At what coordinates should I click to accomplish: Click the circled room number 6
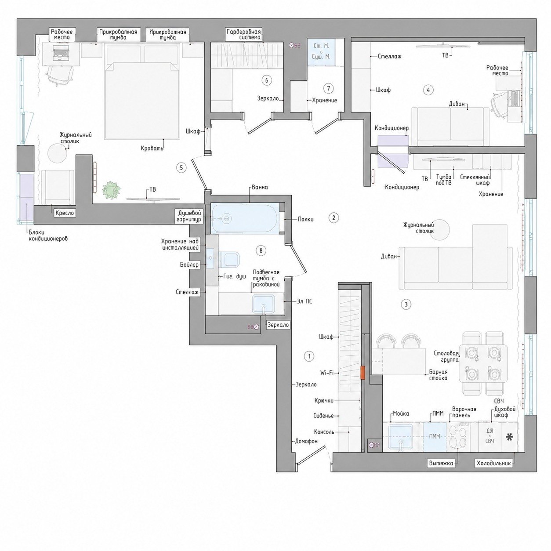tap(267, 80)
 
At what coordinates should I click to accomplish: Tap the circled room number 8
tap(261, 251)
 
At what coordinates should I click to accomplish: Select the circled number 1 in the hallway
tap(309, 356)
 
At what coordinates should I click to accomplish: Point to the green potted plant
tap(112, 189)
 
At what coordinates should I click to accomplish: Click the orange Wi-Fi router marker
tap(363, 373)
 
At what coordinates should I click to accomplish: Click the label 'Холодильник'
tap(493, 463)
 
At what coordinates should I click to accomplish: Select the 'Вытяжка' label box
tap(441, 463)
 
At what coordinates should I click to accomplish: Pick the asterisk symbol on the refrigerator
tap(509, 437)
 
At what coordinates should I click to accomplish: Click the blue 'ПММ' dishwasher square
tap(435, 437)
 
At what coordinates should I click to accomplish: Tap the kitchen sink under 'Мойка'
tap(400, 437)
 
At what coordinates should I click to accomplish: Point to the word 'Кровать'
tap(152, 149)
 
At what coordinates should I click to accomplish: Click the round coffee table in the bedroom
tap(58, 153)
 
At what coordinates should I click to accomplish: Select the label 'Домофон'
tap(306, 441)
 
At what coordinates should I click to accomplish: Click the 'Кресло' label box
tap(65, 213)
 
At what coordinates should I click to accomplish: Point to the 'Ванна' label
tap(260, 188)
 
